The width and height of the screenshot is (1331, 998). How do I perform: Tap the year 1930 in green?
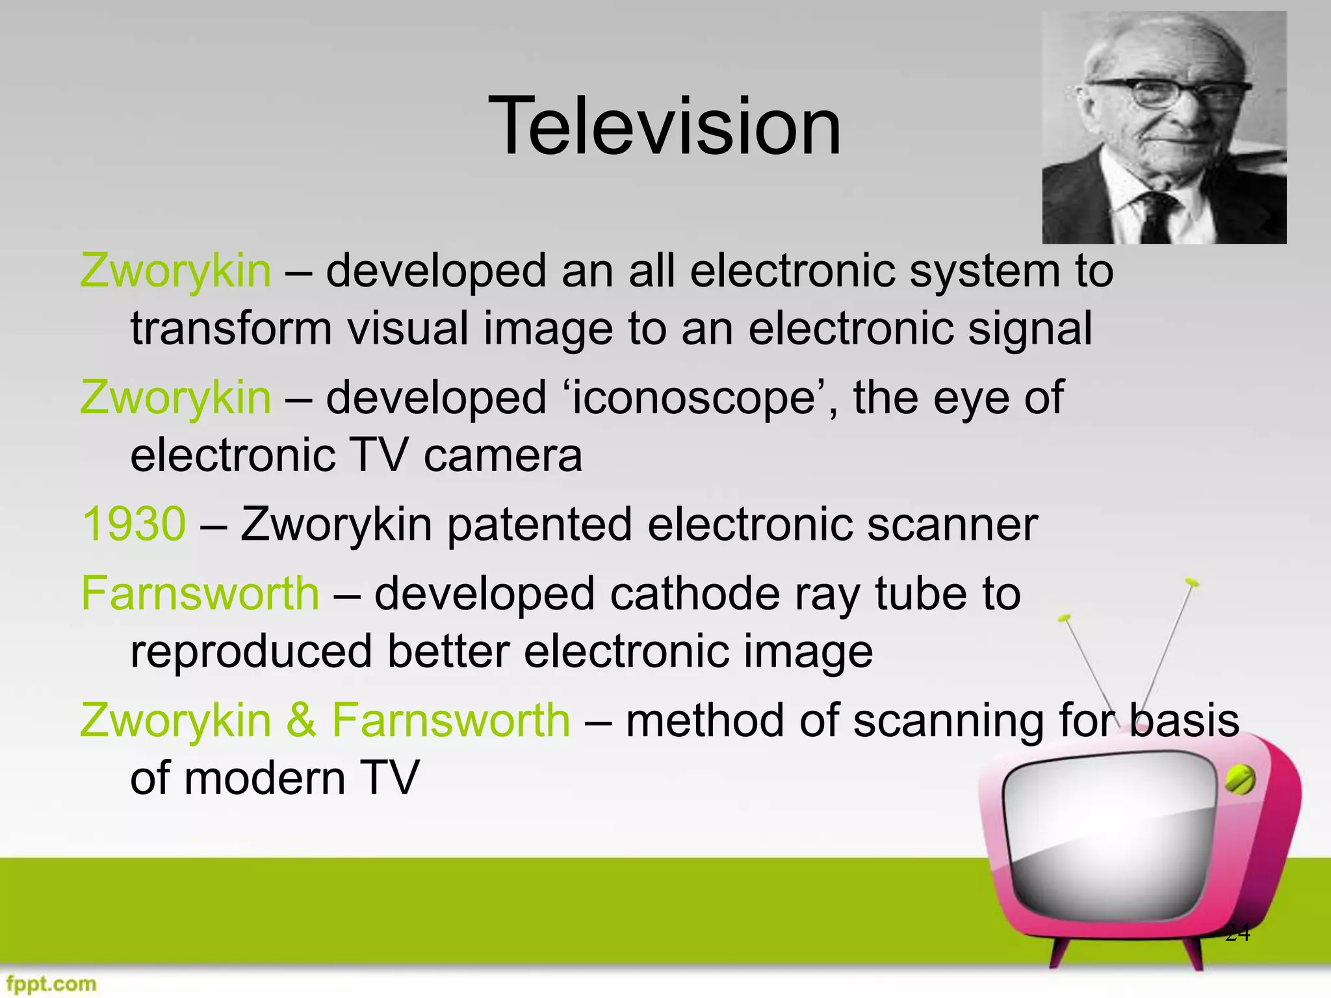pos(134,524)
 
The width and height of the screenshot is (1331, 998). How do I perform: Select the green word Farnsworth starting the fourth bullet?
pos(200,593)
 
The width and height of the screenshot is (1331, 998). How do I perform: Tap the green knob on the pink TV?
pos(1240,780)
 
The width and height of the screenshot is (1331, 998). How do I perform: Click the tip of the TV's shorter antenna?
pos(1064,618)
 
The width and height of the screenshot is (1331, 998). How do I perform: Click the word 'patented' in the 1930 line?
pos(539,524)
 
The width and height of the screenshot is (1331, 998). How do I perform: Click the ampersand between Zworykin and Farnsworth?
pos(301,721)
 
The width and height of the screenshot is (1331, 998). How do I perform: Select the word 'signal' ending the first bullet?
pos(1029,328)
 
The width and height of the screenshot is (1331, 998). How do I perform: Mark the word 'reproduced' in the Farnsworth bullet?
pos(251,651)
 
